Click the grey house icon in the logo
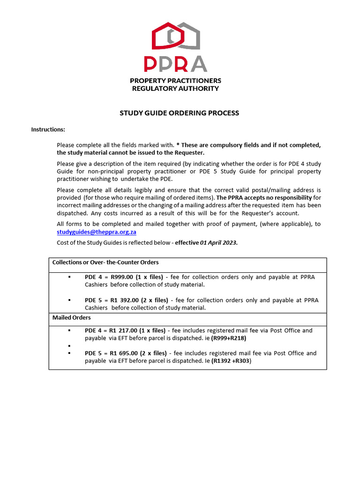pyautogui.click(x=187, y=36)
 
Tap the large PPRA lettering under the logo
pyautogui.click(x=175, y=64)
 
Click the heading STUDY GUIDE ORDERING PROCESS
pyautogui.click(x=179, y=113)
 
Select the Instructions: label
pyautogui.click(x=48, y=129)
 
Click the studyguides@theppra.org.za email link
pyautogui.click(x=97, y=232)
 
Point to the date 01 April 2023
pyautogui.click(x=219, y=242)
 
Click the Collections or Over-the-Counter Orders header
pyautogui.click(x=105, y=262)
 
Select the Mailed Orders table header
pyautogui.click(x=71, y=318)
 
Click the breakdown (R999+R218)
pyautogui.click(x=229, y=338)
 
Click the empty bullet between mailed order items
pyautogui.click(x=69, y=345)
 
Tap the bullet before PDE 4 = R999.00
pyautogui.click(x=69, y=277)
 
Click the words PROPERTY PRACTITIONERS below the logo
pyautogui.click(x=175, y=81)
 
